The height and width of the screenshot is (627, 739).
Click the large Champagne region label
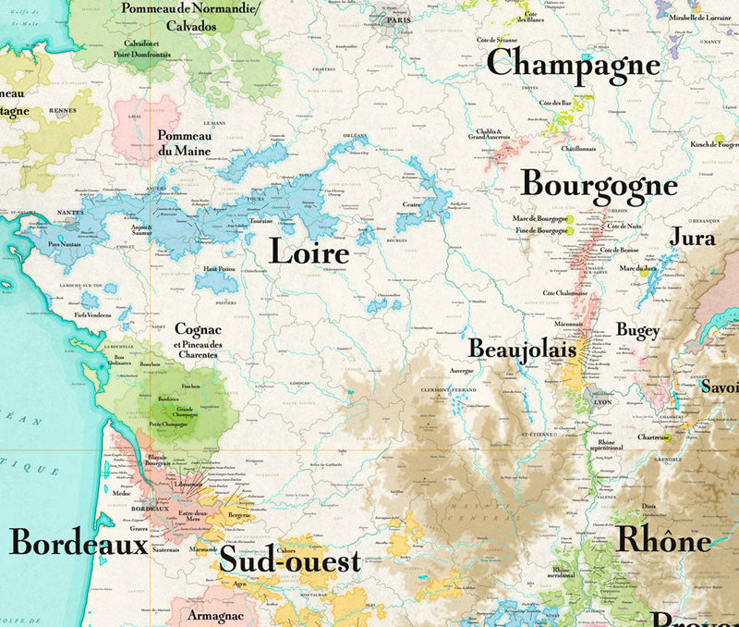coord(573,64)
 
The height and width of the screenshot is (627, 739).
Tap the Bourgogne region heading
coord(599,185)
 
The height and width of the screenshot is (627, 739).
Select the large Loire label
coord(309,252)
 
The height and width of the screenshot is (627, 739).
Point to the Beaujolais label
coord(522,350)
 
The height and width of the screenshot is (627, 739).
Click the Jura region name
coord(692,237)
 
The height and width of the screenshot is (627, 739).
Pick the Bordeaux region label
coord(79,542)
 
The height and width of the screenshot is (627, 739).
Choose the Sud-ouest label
coord(289,559)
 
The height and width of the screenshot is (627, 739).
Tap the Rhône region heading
coord(663,538)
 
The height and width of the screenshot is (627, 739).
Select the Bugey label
coord(638,330)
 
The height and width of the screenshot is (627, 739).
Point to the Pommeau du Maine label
coord(184,142)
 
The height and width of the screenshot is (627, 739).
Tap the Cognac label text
coord(198,329)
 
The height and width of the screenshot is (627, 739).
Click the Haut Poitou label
coord(217,268)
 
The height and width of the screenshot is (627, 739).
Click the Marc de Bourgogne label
coord(539,218)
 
